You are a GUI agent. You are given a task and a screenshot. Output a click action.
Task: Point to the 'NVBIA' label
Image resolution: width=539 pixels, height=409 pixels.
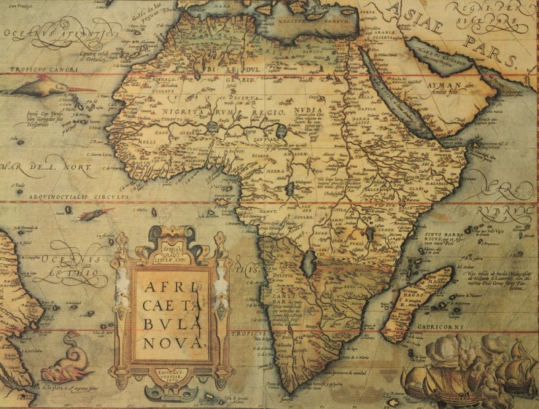(308, 110)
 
